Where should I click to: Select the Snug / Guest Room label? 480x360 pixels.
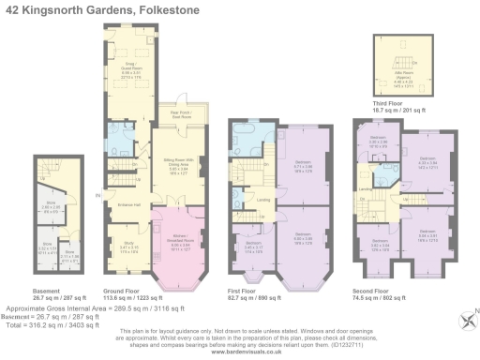click(x=127, y=68)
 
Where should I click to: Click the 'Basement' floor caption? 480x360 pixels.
click(x=46, y=290)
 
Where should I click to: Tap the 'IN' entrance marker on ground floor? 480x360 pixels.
click(x=97, y=195)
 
